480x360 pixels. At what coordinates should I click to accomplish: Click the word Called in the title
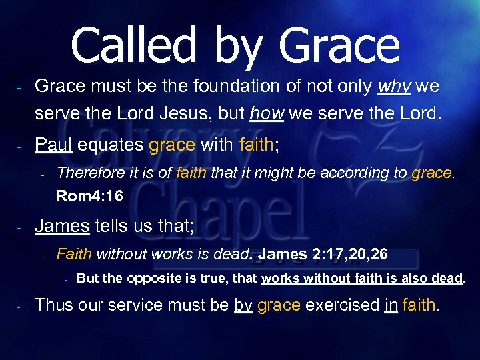click(133, 47)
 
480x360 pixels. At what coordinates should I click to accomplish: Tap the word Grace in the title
click(339, 47)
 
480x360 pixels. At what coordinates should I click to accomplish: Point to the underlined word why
click(395, 87)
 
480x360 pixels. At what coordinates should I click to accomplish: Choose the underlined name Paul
click(53, 145)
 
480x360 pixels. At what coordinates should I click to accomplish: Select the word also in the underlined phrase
click(415, 279)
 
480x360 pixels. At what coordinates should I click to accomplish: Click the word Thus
click(53, 305)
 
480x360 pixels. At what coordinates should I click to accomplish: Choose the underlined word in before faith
click(391, 305)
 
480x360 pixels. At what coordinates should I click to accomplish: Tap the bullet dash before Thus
click(20, 307)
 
